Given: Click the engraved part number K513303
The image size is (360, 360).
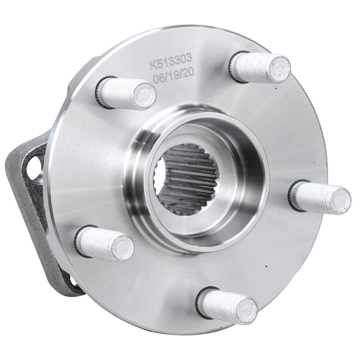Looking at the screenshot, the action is point(171,62).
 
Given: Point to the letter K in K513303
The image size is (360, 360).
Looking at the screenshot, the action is point(153,65).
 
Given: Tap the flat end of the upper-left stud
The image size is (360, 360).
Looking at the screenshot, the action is point(145,96).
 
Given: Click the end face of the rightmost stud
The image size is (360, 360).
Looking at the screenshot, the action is point(340,200).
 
